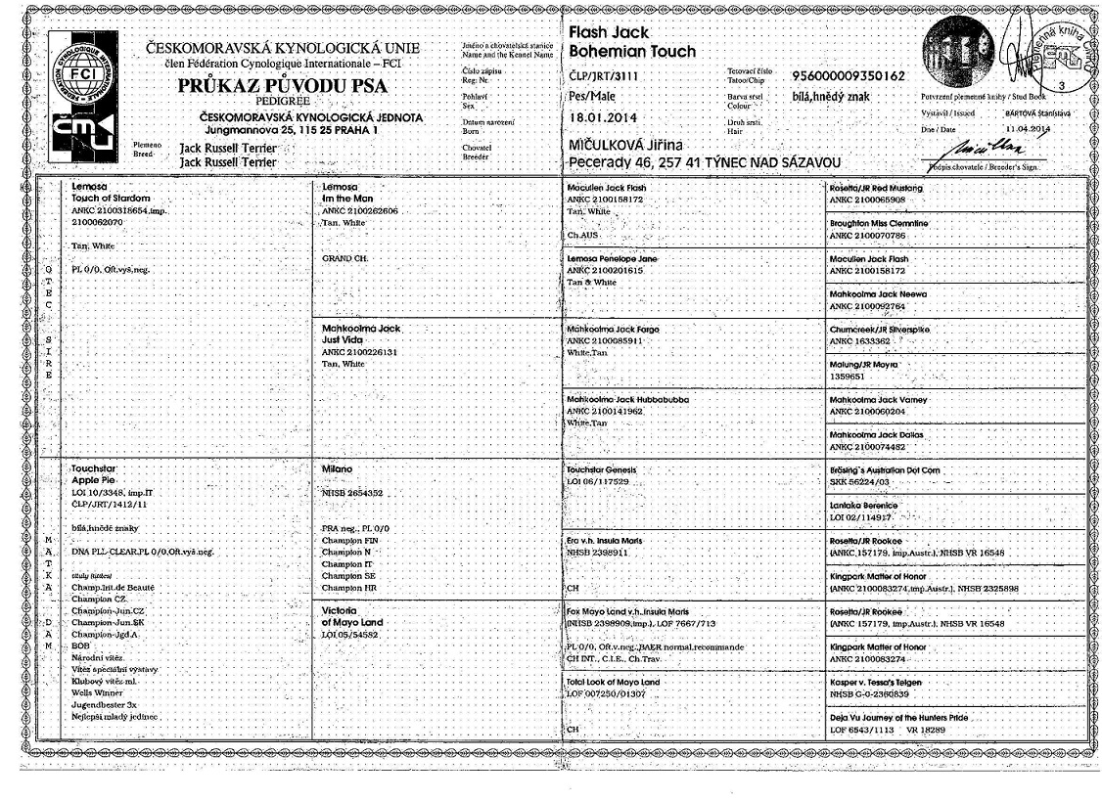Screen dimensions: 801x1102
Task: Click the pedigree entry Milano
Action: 337,468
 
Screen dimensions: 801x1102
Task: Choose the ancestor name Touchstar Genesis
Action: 608,469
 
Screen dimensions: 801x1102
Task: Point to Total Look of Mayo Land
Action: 614,681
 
